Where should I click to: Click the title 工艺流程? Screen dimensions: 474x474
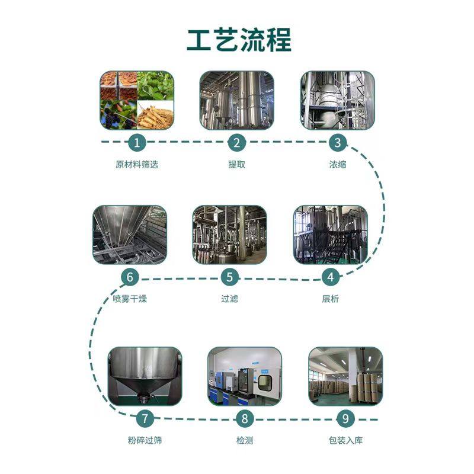239,40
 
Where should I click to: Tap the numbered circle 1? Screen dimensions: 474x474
137,142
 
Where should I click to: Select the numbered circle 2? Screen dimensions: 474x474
236,142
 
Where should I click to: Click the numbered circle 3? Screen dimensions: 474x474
337,142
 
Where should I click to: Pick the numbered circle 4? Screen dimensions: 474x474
330,277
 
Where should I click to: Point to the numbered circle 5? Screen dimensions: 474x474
229,277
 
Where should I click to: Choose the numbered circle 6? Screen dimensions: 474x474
129,277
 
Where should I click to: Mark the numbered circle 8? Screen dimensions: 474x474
245,418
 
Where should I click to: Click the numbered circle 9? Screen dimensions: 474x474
345,418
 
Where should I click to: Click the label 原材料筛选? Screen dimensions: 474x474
137,165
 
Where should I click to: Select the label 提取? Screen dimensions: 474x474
236,165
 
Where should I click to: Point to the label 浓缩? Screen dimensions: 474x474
337,165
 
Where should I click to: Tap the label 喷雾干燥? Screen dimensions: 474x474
129,299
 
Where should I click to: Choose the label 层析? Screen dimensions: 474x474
330,299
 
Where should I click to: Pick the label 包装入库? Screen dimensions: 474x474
345,441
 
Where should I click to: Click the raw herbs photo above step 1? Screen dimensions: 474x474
137,100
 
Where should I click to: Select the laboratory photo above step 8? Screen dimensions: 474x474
245,376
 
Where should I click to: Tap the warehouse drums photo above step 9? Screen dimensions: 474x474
345,376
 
